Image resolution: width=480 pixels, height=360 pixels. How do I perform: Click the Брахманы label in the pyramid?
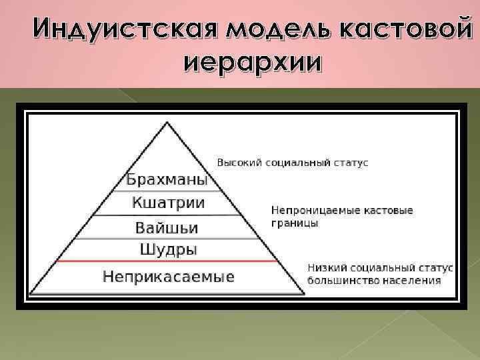tap(167, 181)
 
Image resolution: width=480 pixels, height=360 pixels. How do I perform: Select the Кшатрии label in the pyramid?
tap(168, 203)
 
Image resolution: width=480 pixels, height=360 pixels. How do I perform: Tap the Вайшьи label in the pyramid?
tap(167, 227)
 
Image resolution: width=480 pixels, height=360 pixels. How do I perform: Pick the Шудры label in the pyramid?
tap(168, 250)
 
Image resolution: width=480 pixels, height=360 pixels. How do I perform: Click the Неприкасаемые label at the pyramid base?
tap(168, 276)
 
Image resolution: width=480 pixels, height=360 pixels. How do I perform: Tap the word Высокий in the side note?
tap(238, 163)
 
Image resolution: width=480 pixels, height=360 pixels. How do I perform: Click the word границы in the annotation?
tap(294, 223)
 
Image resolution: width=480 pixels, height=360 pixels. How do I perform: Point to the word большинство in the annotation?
tap(341, 281)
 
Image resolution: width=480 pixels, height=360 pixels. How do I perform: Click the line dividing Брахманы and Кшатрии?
tap(167, 192)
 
